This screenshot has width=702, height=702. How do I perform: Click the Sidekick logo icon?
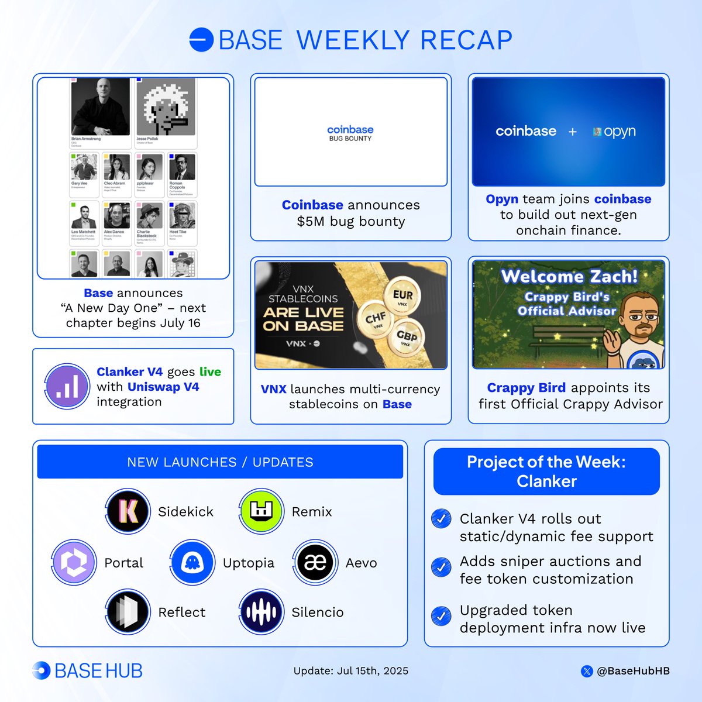(x=128, y=511)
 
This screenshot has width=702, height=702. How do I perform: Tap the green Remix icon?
(x=261, y=511)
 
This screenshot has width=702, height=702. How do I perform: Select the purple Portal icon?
(x=74, y=563)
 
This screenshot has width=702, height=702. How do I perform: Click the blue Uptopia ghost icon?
(x=192, y=563)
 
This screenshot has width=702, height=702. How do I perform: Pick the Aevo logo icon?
(x=315, y=563)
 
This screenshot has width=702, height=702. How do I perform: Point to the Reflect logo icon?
(x=128, y=612)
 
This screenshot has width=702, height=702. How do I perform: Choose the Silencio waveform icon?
(x=261, y=612)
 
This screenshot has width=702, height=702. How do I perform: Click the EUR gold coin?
(x=402, y=297)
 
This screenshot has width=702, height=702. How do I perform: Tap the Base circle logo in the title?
(x=201, y=40)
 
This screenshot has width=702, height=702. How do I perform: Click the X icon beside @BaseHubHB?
(x=587, y=671)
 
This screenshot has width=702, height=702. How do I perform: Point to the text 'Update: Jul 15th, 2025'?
(x=351, y=671)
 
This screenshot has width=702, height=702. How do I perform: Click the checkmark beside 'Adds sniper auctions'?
(x=441, y=566)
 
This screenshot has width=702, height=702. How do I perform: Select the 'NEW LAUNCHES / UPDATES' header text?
(x=220, y=462)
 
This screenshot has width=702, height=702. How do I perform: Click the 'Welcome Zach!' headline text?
(x=569, y=276)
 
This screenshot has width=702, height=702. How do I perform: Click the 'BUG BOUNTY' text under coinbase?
(x=350, y=139)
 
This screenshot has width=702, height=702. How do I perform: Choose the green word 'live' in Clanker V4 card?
(x=210, y=372)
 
